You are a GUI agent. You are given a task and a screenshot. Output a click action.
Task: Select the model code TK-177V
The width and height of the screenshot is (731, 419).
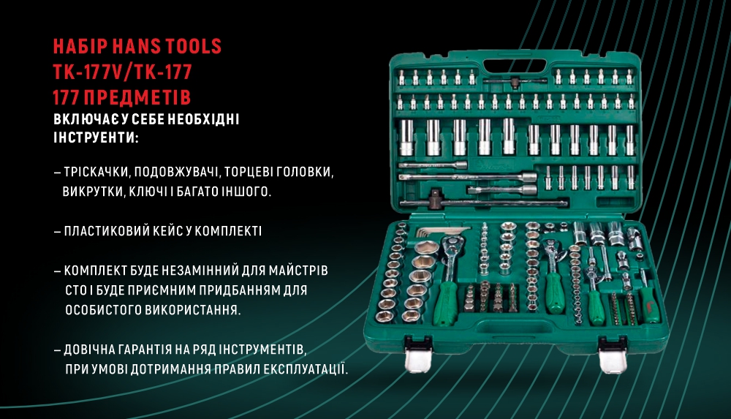(x=88, y=72)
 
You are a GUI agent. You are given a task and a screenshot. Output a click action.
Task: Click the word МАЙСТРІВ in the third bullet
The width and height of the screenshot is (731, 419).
(x=295, y=270)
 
